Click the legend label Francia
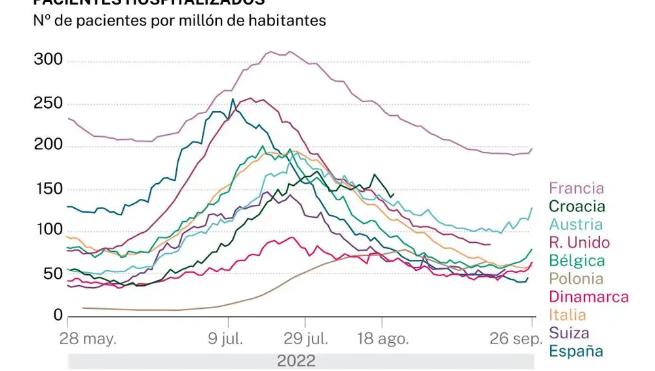pos(576,188)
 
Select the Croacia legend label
pos(577,207)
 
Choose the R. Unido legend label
pos(579,243)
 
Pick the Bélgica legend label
pos(576,261)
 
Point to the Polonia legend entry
pos(576,279)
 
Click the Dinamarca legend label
pos(588,297)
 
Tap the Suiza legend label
pos(569,333)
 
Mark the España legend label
pos(576,351)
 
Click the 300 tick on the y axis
pos(48,60)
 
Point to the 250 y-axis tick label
pos(48,103)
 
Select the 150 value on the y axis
pos(48,189)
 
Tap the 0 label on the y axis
pos(57,315)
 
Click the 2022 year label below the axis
pos(296,361)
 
